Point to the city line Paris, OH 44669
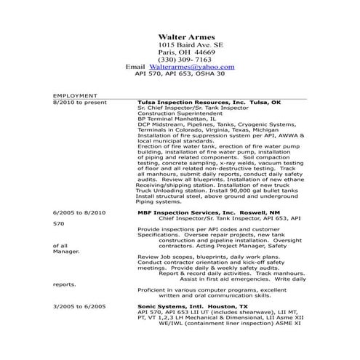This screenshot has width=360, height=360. [x=186, y=52]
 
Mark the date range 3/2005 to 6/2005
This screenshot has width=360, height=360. [x=79, y=306]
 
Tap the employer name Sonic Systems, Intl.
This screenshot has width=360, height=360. [x=170, y=306]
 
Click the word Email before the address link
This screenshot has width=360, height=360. [x=136, y=65]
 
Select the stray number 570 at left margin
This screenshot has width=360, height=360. [x=59, y=223]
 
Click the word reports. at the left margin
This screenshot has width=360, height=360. [x=63, y=284]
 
